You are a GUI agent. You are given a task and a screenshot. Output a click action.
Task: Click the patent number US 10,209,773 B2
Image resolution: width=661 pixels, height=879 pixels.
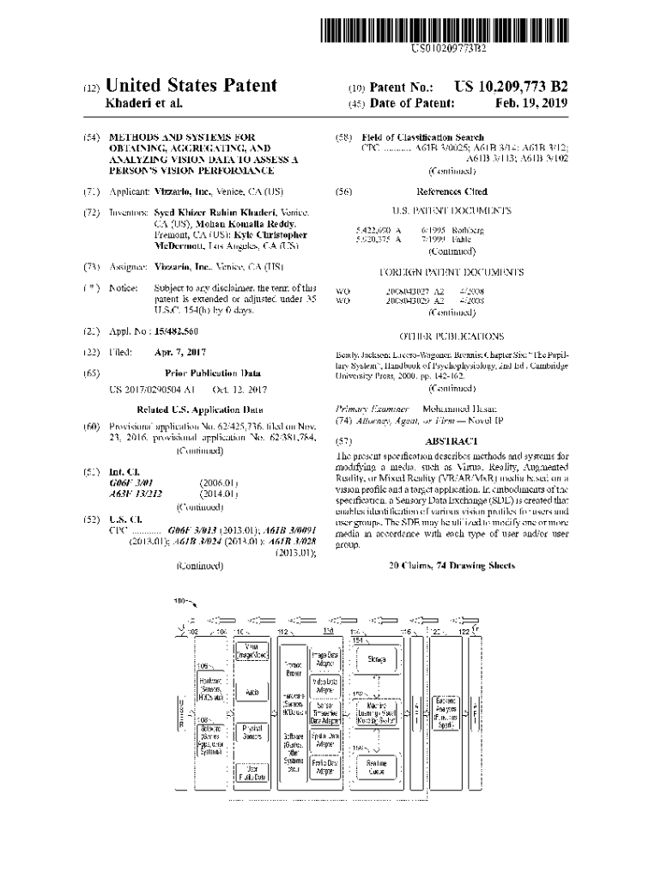512,87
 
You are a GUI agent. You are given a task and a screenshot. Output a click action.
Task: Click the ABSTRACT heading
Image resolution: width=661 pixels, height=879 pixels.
451,440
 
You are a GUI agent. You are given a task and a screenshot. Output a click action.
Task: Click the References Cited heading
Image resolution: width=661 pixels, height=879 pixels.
451,191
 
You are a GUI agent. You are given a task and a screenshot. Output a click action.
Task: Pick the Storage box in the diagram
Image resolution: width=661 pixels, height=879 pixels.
376,659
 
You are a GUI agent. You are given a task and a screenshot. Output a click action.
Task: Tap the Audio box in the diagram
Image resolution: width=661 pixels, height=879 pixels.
252,691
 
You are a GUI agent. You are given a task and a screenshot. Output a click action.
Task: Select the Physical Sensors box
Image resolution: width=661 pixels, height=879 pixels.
252,732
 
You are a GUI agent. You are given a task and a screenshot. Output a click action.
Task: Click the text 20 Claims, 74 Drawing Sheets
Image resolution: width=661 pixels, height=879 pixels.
452,566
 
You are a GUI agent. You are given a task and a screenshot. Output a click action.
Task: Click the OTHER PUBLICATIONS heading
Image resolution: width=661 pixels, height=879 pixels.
451,336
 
